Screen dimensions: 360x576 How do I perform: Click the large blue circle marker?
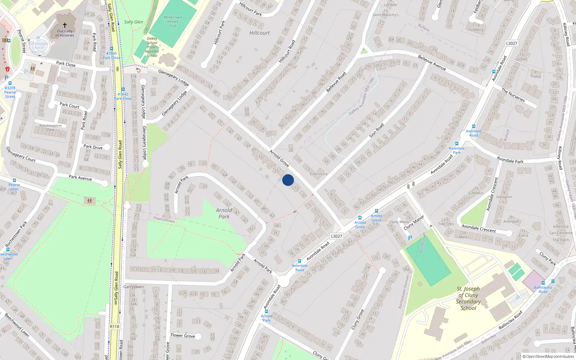[288, 180]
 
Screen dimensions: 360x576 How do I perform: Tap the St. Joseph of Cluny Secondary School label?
[468, 298]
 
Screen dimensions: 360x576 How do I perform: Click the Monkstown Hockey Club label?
[173, 22]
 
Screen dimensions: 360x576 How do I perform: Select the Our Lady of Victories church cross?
[65, 25]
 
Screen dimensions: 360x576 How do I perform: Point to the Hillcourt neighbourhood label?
[259, 33]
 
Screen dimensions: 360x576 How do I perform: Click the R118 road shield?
[114, 327]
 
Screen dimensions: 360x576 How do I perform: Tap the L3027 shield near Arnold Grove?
[336, 236]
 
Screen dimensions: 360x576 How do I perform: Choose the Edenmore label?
[319, 174]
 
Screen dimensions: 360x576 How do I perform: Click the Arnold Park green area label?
[224, 213]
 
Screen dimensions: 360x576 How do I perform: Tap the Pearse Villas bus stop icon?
[14, 180]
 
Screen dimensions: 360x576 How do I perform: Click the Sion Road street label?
[376, 130]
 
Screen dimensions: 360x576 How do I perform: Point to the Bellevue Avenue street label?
[432, 63]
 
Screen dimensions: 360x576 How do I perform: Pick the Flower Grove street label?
[183, 336]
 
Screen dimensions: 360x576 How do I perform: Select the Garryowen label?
[134, 287]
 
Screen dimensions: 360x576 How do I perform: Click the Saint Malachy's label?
[386, 15]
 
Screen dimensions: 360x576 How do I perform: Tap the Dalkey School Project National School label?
[152, 47]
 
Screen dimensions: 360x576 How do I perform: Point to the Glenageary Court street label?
[21, 154]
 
